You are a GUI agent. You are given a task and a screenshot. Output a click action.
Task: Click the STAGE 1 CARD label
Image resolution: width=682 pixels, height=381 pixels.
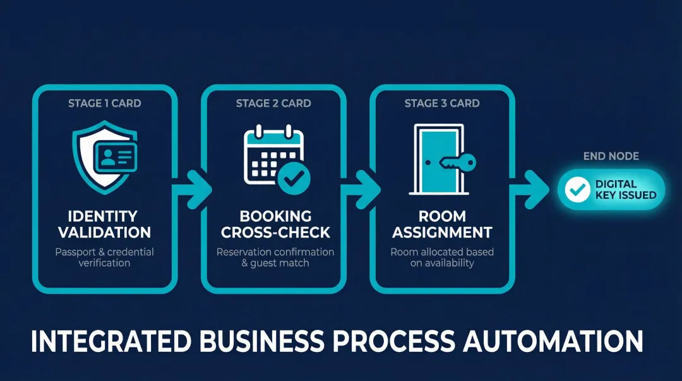[104, 103]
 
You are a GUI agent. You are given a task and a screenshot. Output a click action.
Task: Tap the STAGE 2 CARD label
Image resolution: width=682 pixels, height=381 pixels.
[273, 103]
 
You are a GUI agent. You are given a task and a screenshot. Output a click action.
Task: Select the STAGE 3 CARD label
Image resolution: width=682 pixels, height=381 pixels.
[442, 103]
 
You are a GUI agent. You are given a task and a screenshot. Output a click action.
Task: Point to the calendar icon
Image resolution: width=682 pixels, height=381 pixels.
[268, 155]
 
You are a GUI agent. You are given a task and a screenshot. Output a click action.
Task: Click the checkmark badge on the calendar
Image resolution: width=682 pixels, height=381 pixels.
[293, 179]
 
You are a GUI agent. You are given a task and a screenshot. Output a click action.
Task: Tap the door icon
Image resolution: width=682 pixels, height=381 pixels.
[437, 159]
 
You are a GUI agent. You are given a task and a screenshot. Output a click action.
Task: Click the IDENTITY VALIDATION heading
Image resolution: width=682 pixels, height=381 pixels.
[104, 224]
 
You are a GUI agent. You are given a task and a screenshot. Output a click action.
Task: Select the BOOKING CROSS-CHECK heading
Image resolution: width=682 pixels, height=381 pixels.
[275, 224]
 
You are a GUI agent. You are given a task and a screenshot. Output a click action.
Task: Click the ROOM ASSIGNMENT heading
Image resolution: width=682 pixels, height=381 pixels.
[442, 224]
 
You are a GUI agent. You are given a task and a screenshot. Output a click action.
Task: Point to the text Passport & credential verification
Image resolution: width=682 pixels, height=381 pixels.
[104, 257]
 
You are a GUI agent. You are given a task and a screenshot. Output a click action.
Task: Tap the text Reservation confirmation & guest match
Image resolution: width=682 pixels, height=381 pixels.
[275, 257]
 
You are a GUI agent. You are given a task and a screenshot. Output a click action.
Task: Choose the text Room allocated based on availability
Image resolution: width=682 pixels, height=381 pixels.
[442, 257]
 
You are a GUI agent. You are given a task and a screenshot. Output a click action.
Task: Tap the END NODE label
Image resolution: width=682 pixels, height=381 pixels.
[611, 156]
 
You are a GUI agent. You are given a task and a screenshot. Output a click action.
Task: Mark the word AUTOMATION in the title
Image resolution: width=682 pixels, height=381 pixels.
[553, 341]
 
